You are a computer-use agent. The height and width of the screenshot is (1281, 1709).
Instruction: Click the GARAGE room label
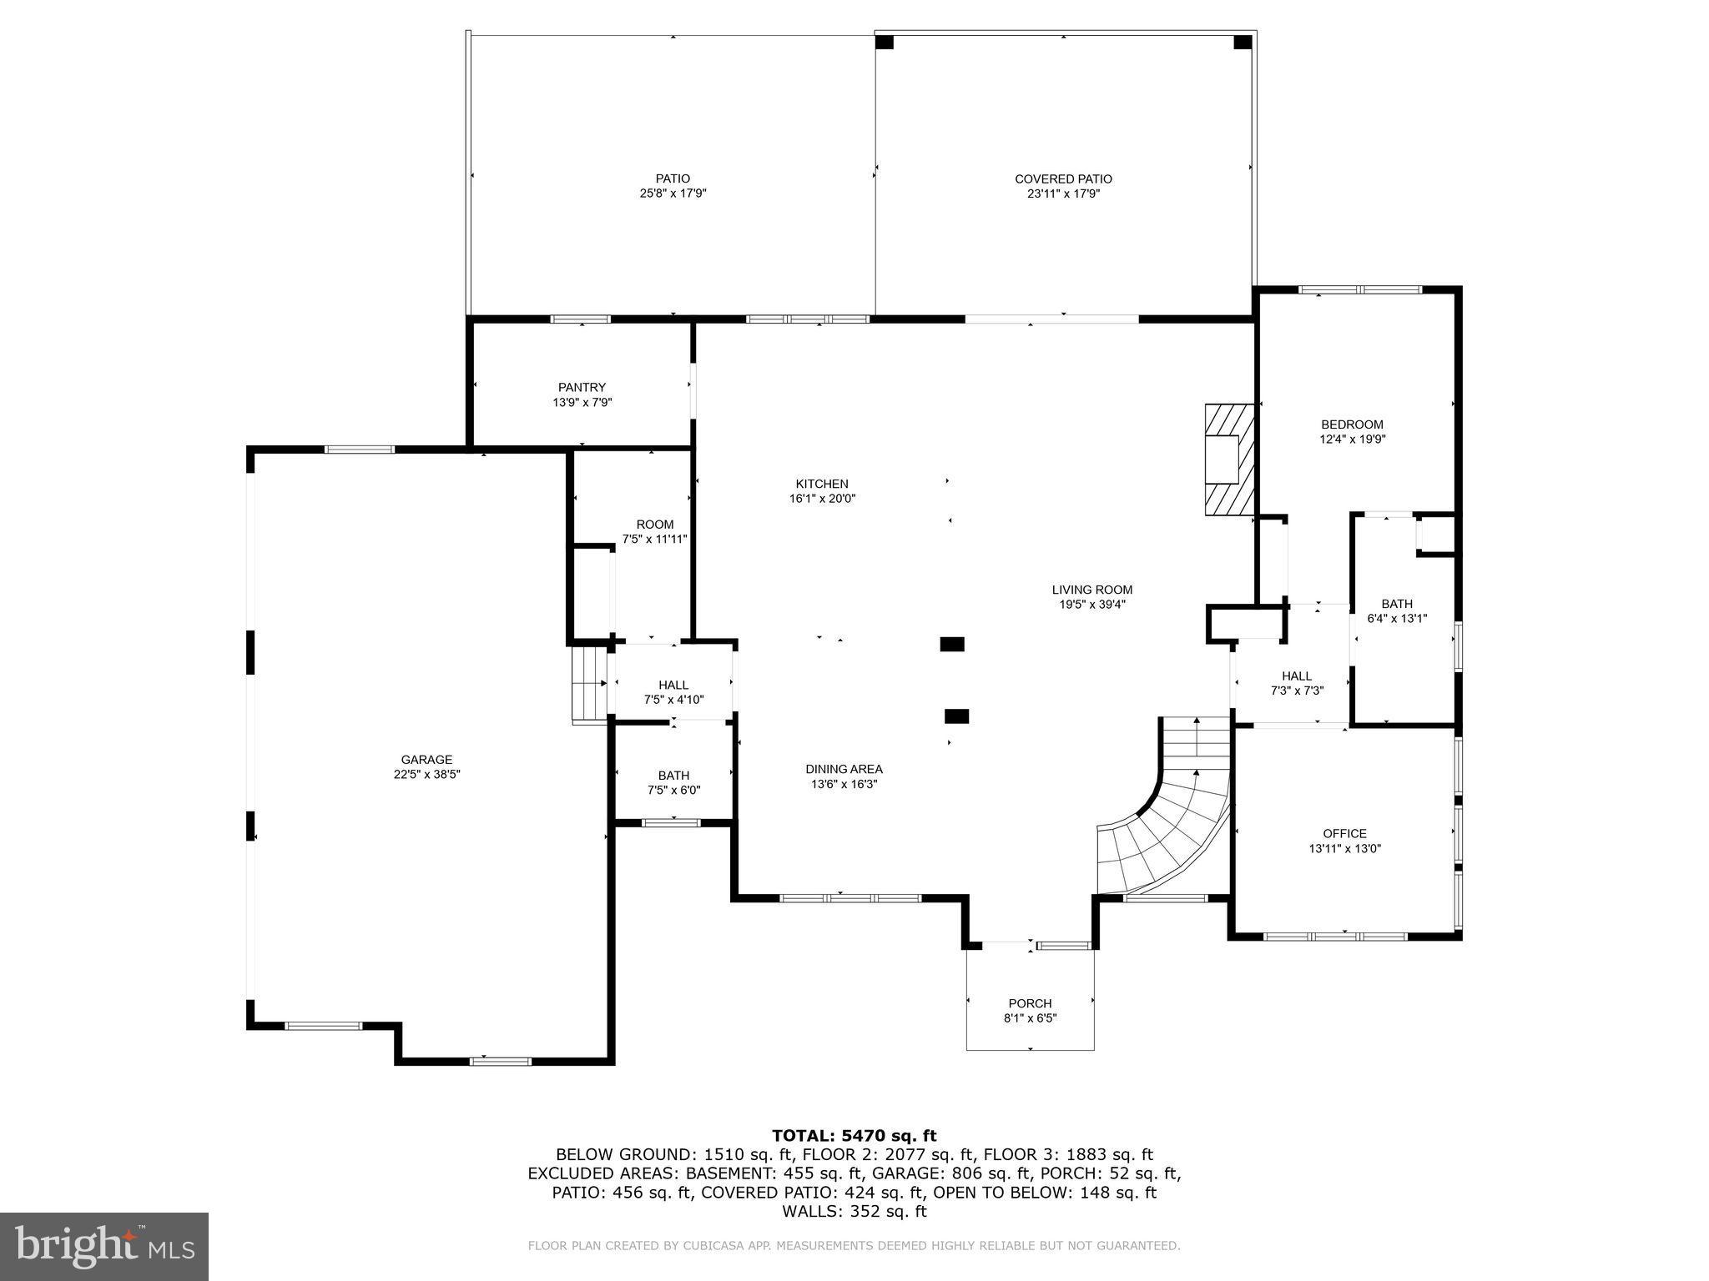click(426, 760)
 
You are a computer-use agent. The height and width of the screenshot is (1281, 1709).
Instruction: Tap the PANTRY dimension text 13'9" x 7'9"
click(582, 402)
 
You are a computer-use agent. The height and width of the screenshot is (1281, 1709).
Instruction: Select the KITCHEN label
click(821, 484)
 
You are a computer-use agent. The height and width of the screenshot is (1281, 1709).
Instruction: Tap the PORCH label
click(1030, 1003)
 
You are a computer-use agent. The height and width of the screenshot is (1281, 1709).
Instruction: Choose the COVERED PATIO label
click(1063, 179)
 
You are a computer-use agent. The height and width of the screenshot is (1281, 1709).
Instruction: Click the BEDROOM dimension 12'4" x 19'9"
click(1352, 439)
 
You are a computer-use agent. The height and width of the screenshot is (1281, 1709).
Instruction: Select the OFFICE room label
click(1344, 833)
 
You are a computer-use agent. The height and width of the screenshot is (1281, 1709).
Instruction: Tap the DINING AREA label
click(844, 769)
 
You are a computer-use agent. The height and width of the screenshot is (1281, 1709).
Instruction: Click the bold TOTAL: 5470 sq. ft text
click(854, 1135)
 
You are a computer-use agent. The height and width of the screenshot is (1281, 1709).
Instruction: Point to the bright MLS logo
click(104, 1246)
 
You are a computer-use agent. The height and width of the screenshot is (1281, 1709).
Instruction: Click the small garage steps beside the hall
click(589, 685)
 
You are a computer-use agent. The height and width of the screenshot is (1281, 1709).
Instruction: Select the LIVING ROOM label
click(1091, 590)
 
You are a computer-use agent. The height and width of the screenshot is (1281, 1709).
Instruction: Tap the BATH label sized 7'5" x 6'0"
click(673, 776)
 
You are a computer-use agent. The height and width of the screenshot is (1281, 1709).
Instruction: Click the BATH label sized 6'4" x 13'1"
click(1397, 604)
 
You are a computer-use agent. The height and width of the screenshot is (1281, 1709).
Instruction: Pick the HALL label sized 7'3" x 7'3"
click(1297, 676)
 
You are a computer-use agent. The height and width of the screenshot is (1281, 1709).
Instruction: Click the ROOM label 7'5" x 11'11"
click(655, 525)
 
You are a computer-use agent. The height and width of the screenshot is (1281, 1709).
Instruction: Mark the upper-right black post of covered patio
click(1243, 42)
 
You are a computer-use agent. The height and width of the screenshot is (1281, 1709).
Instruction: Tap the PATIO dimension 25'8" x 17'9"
click(673, 193)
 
